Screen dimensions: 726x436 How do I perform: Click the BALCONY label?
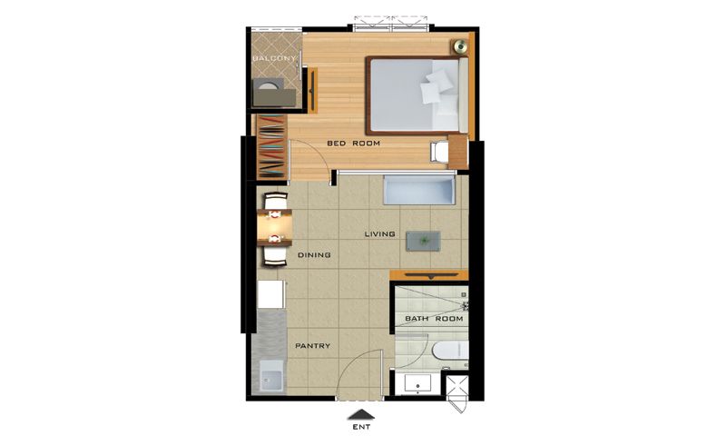pos(275,58)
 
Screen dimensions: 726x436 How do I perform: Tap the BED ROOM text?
pos(353,144)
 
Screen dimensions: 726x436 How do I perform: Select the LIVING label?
pos(379,234)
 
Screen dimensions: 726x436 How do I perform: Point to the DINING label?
pos(314,255)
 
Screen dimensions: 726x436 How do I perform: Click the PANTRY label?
pos(313,346)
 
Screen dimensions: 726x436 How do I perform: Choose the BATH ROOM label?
pos(434,319)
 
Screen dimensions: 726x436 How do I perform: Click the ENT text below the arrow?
pos(361,427)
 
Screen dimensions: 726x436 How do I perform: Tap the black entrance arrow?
pos(361,415)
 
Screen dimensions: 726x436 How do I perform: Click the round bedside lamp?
pos(460,45)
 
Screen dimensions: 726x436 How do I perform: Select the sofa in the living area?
pos(419,189)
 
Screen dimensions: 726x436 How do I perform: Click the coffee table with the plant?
pos(423,241)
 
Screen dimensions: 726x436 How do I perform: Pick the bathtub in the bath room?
pos(450,351)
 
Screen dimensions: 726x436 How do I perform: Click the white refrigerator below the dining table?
pos(270,294)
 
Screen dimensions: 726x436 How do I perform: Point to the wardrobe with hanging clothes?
pos(271,146)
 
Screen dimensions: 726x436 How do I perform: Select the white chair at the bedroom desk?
pos(439,152)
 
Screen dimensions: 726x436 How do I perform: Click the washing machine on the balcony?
pos(268,87)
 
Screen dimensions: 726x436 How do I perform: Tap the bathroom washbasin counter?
pos(418,384)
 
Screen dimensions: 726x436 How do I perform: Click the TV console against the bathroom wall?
pos(429,276)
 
